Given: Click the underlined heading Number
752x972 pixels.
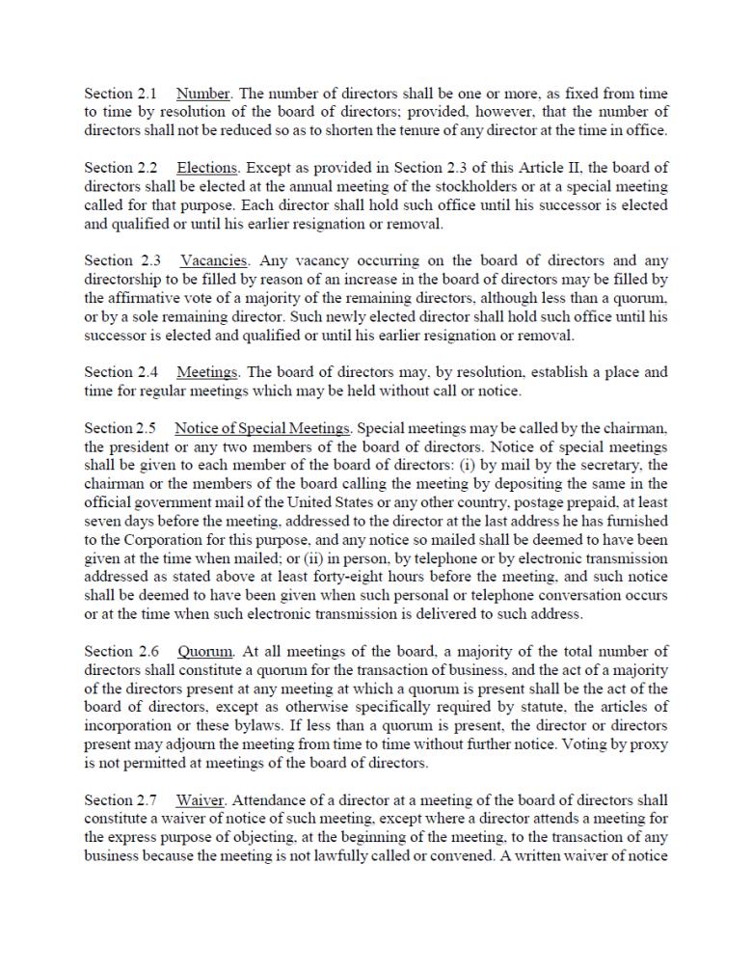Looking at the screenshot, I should [x=203, y=94].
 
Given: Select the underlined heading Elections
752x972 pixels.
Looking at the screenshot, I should [x=208, y=168].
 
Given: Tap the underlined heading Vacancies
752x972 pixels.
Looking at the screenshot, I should [x=214, y=260].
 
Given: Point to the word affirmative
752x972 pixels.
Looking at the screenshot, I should [x=148, y=298].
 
